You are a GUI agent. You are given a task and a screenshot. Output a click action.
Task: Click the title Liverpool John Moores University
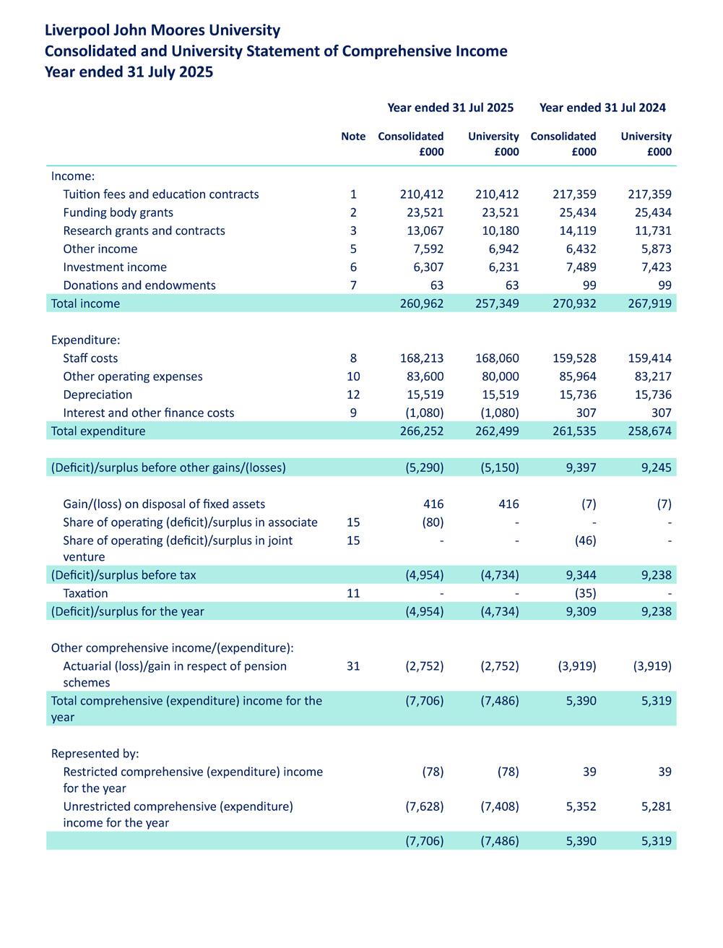coord(163,30)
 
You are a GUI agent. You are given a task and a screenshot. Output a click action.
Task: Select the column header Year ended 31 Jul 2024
coord(602,108)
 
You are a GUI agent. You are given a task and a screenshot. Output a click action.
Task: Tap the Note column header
coord(353,137)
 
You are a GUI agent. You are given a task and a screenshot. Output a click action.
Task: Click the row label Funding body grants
coord(118,212)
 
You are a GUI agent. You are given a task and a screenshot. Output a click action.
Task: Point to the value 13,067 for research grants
coord(422,230)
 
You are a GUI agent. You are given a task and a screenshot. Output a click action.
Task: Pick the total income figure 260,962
coord(422,303)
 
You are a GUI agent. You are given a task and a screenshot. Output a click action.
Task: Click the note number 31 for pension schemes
coord(353,666)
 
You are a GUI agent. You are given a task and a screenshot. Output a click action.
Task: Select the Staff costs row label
coord(90,358)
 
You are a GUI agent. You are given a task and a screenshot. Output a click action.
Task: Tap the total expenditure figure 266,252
coord(422,431)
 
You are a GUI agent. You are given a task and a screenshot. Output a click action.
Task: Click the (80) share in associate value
coord(431,522)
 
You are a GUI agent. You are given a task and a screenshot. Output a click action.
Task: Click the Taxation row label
coord(85,593)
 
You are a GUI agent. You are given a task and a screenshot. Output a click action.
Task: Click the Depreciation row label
coord(98,395)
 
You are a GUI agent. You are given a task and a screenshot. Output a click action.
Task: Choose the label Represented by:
coord(95,754)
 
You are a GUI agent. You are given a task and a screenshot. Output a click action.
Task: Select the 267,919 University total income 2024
coord(649,303)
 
